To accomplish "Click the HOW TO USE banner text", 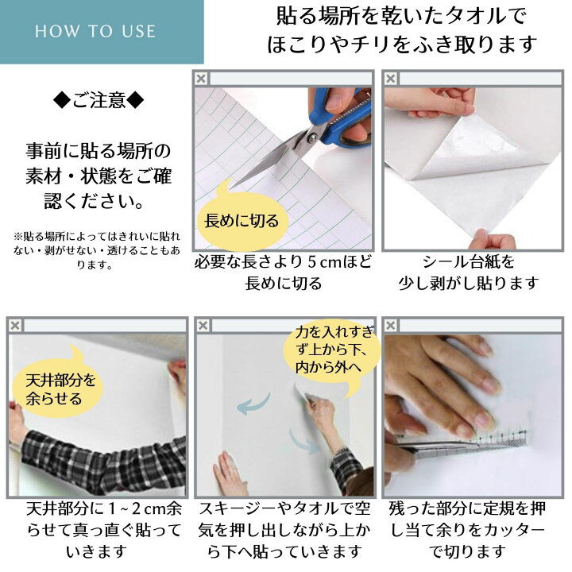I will pos(95,32).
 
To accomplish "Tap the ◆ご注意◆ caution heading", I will pos(99,101).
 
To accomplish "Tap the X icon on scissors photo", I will pos(202,78).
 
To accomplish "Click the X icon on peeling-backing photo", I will pos(391,78).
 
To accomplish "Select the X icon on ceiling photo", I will pos(14,325).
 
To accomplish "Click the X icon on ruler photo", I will pos(391,325).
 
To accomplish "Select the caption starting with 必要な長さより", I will pos(283,272).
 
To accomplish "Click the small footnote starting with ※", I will pos(97,250).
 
